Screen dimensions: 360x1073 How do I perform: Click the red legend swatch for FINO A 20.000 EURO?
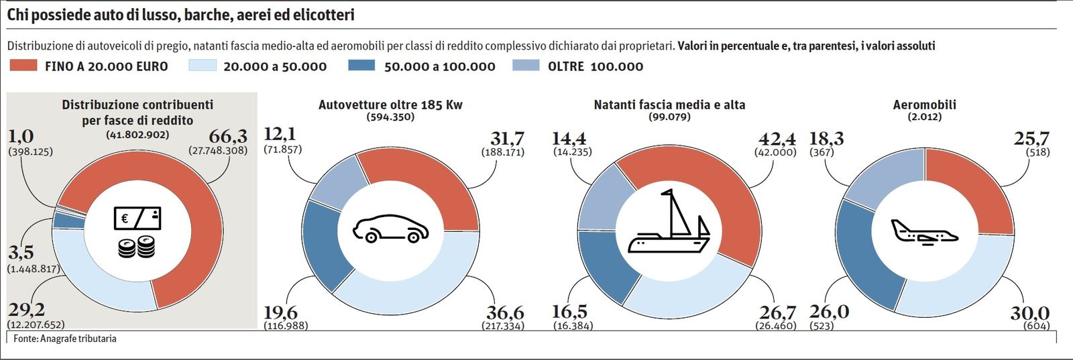tap(23, 66)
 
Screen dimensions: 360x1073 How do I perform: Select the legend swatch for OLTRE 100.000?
tap(525, 66)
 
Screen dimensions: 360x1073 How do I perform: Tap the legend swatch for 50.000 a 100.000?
tap(362, 66)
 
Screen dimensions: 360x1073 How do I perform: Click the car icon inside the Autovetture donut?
tap(391, 229)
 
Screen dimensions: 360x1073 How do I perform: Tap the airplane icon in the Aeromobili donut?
tap(924, 231)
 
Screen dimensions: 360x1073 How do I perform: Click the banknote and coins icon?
tap(137, 231)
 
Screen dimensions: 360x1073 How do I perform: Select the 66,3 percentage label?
tap(228, 136)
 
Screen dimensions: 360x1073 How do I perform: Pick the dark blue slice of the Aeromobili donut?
tap(865, 255)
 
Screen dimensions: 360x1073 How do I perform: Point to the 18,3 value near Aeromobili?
tap(826, 139)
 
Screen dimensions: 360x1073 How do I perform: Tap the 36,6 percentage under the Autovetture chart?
tap(505, 312)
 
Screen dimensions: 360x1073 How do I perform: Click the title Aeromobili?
tap(924, 105)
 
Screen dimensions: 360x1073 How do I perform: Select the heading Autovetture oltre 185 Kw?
tap(390, 105)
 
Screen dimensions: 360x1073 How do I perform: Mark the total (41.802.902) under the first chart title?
tap(137, 134)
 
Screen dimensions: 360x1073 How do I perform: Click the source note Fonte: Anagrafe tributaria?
tap(65, 339)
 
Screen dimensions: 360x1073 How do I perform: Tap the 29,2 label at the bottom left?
tap(27, 310)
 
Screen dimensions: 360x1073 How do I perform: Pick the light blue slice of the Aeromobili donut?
tap(966, 288)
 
